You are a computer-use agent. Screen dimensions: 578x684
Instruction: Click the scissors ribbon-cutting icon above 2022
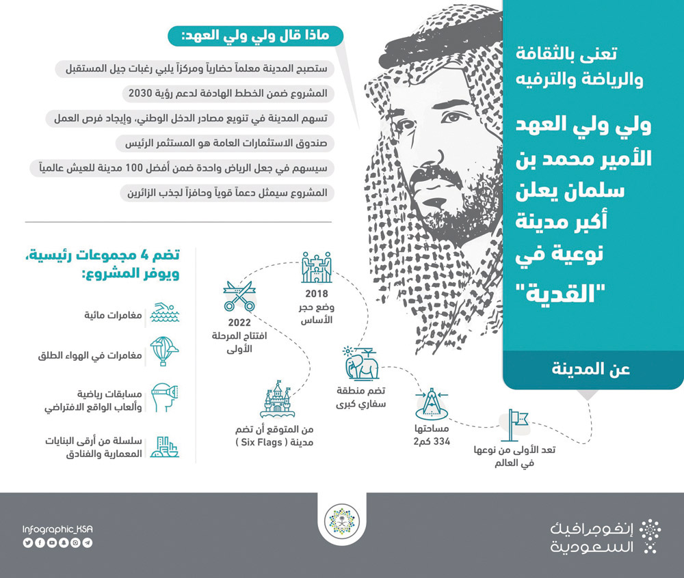[x=239, y=295]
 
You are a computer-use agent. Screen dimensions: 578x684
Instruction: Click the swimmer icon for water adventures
[x=164, y=313]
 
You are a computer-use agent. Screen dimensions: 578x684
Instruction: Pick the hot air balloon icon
[x=164, y=353]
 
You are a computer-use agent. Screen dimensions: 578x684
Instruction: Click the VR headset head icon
[x=164, y=398]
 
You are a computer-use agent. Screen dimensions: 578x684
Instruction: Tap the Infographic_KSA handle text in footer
[x=57, y=529]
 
